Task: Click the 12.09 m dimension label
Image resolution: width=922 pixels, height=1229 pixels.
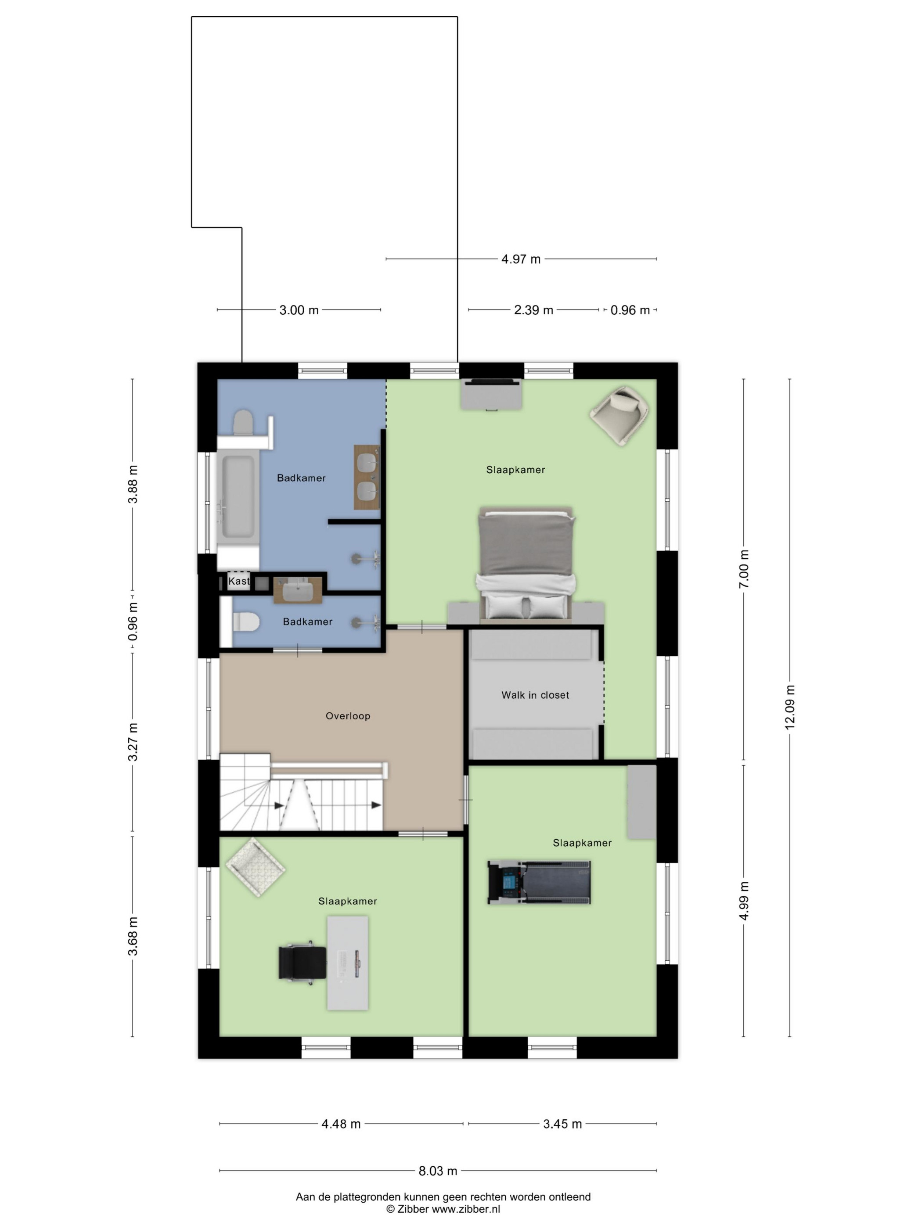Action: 790,706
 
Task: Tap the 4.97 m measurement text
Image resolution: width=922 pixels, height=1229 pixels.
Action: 521,259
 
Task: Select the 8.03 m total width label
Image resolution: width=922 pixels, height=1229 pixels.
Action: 438,1171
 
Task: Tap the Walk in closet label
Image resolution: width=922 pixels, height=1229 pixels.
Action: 535,695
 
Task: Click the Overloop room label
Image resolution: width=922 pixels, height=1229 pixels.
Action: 348,715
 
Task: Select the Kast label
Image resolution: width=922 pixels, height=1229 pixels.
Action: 239,581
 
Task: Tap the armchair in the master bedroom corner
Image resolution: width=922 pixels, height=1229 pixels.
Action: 619,416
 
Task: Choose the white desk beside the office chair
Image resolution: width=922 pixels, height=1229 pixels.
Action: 347,963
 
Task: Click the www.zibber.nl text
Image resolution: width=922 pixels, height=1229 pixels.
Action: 466,1209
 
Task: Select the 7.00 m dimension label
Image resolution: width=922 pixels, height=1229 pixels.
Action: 744,569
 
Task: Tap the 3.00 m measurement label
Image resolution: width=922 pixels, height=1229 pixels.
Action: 299,310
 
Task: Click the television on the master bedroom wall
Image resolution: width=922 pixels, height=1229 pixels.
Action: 492,382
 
